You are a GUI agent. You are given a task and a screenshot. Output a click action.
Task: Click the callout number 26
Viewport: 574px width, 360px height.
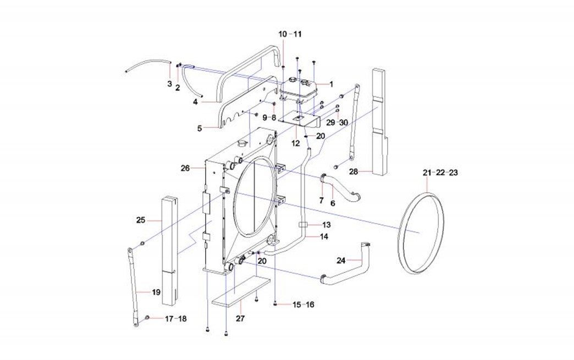click(x=184, y=168)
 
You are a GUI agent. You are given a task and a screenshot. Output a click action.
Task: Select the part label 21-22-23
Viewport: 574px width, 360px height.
click(x=440, y=173)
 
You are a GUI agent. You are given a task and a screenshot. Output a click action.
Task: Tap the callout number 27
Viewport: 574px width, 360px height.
click(x=240, y=318)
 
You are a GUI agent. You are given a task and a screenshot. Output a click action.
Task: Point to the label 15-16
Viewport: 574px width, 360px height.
click(x=303, y=304)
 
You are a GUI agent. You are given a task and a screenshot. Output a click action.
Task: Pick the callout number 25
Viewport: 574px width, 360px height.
click(x=141, y=220)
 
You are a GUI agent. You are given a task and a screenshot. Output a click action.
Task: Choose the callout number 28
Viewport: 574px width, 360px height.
click(x=353, y=171)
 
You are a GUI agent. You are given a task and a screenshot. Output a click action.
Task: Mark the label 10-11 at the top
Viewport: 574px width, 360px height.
click(x=290, y=34)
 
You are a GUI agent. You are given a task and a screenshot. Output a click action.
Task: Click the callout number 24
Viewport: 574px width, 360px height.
click(x=341, y=261)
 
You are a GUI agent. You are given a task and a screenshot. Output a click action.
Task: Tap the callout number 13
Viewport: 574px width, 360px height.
click(x=326, y=225)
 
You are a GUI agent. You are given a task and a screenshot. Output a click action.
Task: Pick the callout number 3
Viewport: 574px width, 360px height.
click(x=169, y=84)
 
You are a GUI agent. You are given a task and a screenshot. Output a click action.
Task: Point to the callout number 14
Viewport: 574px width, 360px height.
click(x=324, y=237)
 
